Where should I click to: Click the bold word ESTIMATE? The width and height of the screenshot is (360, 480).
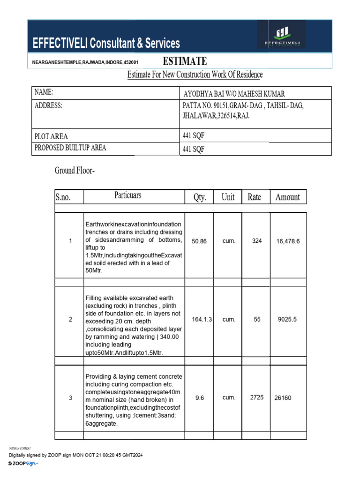coord(184,61)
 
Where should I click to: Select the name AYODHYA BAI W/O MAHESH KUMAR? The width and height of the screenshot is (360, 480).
coord(233,94)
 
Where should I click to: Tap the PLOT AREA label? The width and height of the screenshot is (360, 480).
coord(51,136)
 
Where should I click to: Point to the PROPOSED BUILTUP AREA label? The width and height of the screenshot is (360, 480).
coord(70,148)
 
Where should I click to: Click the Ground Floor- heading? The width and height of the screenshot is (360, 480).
coord(75,171)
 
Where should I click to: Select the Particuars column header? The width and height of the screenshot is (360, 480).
coord(128,195)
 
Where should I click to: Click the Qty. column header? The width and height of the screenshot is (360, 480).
coord(200,197)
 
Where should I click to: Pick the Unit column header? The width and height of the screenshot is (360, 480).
coord(228,197)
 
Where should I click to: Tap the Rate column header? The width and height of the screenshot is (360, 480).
coord(254,197)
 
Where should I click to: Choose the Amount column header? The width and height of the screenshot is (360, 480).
coord(287,197)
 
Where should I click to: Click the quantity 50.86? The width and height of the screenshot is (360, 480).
coord(199,241)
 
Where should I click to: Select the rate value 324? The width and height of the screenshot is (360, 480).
coord(257,240)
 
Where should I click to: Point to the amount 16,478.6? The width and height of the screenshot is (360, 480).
coord(288,241)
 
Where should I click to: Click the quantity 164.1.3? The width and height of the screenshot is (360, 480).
coord(202,319)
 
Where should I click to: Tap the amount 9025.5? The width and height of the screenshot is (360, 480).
coord(287,319)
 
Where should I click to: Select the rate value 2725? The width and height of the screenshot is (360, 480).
coord(257,397)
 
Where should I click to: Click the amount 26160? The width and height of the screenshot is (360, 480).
coord(283,398)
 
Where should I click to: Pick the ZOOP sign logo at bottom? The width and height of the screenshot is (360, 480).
coord(23,463)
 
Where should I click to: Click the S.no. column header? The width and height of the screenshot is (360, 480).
coord(64,197)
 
